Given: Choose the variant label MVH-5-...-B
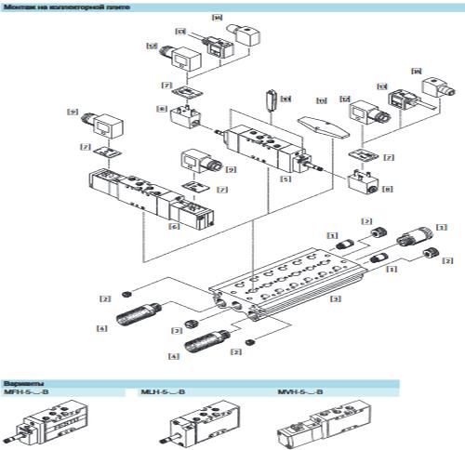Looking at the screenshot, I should [x=298, y=393].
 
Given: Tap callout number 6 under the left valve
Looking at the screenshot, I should [x=173, y=225].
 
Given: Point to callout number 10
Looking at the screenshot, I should [x=286, y=99].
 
